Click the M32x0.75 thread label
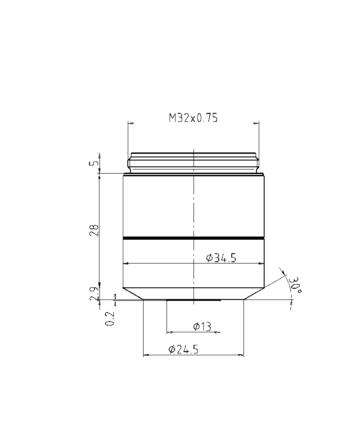click(x=193, y=118)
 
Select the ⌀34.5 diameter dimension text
click(x=221, y=258)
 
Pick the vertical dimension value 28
click(x=94, y=230)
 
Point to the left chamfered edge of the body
click(x=133, y=294)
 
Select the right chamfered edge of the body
click(x=254, y=294)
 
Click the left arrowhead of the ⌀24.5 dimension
click(x=145, y=355)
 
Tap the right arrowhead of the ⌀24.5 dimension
click(x=241, y=355)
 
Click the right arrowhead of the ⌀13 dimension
click(x=217, y=333)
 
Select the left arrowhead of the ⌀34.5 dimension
click(x=126, y=264)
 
